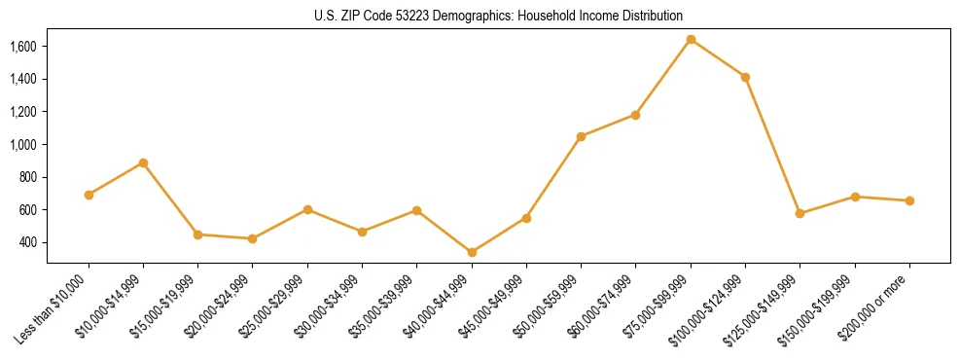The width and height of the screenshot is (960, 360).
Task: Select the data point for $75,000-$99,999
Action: pyautogui.click(x=691, y=40)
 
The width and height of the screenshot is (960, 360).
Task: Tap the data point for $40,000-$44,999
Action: pyautogui.click(x=472, y=252)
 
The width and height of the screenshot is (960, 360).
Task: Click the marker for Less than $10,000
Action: pyautogui.click(x=89, y=195)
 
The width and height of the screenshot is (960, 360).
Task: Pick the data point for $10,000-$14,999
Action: pyautogui.click(x=143, y=162)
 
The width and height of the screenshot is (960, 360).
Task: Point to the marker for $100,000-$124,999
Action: pyautogui.click(x=745, y=77)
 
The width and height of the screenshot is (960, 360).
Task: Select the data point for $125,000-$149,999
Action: pyautogui.click(x=800, y=213)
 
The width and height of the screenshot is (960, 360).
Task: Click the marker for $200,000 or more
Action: pyautogui.click(x=909, y=200)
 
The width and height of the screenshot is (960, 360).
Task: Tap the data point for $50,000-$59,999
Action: pyautogui.click(x=581, y=136)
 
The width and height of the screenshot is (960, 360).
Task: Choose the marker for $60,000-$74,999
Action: pyautogui.click(x=635, y=115)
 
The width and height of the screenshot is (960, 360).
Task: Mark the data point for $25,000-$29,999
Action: pyautogui.click(x=307, y=209)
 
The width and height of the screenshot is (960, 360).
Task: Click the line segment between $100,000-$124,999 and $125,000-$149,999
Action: pyautogui.click(x=772, y=145)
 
